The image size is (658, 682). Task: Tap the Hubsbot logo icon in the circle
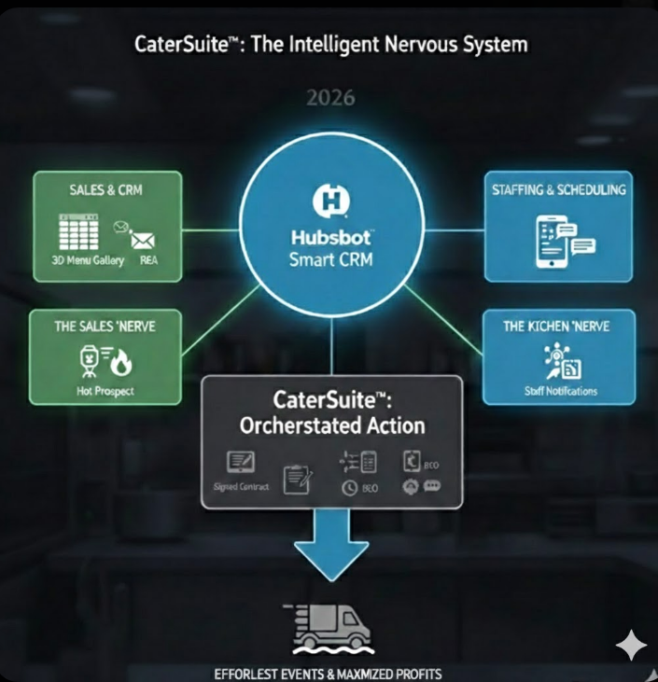pyautogui.click(x=331, y=200)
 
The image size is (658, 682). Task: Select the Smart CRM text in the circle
pyautogui.click(x=331, y=259)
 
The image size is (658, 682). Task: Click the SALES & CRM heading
pyautogui.click(x=105, y=189)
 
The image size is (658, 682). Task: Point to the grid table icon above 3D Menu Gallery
pyautogui.click(x=78, y=231)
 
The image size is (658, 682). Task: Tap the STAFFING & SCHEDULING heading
pyautogui.click(x=558, y=189)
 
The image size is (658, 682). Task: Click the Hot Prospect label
pyautogui.click(x=104, y=391)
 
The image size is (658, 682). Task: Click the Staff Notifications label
pyautogui.click(x=560, y=391)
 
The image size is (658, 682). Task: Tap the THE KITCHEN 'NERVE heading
pyautogui.click(x=557, y=327)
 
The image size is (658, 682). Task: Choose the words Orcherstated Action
pyautogui.click(x=332, y=425)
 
